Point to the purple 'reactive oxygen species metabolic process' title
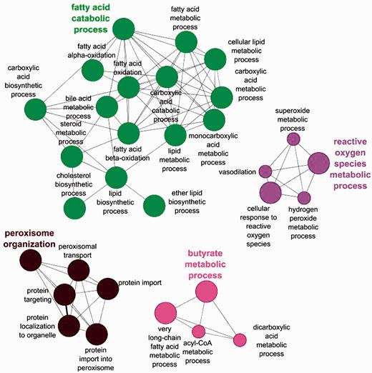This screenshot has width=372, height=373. point(341,164)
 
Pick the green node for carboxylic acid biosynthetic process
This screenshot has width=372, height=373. point(36,111)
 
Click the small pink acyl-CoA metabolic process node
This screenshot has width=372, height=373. point(198,331)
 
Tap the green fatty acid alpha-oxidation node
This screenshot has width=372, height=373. point(93,70)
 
